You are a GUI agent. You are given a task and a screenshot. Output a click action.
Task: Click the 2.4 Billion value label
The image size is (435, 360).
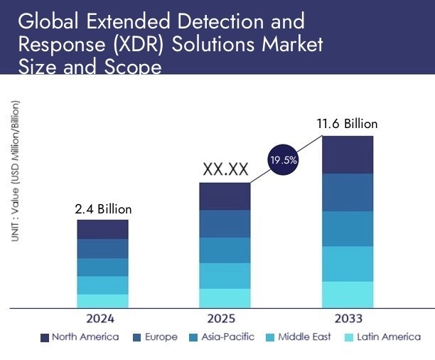pos(103,209)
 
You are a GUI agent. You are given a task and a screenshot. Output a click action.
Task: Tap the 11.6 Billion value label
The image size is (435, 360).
pos(347,124)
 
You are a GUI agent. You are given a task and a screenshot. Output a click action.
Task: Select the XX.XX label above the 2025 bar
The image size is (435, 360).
pos(225,169)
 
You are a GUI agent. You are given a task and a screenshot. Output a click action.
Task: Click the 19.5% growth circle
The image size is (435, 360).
pos(283,161)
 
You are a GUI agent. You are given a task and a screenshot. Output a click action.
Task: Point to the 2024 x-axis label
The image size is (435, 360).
pos(103,318)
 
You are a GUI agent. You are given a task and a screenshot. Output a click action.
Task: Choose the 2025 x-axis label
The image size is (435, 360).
pos(225,318)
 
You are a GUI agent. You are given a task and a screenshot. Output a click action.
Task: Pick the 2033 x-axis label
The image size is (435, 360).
pos(347,318)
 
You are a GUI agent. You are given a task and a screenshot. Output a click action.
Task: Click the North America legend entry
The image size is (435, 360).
pos(80,337)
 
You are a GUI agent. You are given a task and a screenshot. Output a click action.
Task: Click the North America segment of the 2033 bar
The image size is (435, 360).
pos(347,154)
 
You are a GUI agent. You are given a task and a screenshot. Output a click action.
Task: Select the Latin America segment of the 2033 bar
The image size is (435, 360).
pos(347,295)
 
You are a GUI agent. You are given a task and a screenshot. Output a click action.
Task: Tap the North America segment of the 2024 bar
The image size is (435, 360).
pos(103,229)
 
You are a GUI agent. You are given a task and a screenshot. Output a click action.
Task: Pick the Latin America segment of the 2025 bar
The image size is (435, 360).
pos(225,298)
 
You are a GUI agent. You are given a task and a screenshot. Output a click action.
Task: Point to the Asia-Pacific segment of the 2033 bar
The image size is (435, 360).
pos(347,228)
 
